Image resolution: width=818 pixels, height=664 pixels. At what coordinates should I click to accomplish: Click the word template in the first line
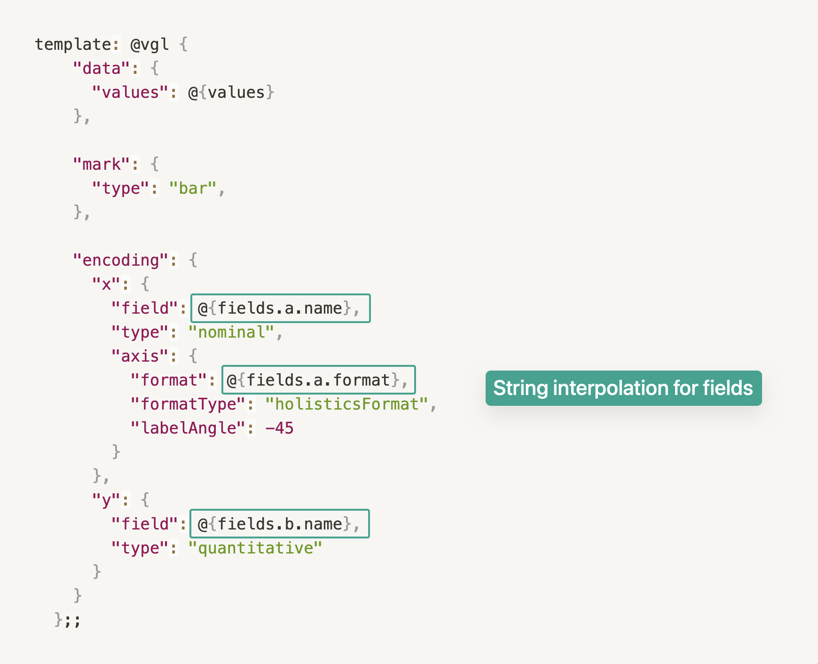click(x=73, y=45)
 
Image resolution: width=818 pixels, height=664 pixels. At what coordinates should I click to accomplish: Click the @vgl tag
click(x=149, y=45)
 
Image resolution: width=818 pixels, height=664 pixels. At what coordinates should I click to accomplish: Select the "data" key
click(x=101, y=69)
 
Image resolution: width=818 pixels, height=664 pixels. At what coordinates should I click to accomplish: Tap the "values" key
click(x=130, y=93)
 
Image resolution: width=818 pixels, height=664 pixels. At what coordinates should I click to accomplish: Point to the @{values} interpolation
click(x=231, y=93)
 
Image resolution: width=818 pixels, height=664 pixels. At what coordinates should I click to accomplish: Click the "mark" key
click(x=101, y=165)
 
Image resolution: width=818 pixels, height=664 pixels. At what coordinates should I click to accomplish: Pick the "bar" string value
click(x=192, y=189)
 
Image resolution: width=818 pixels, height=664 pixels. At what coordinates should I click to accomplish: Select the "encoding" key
click(x=120, y=261)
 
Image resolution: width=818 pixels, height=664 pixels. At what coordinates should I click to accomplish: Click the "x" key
click(x=106, y=285)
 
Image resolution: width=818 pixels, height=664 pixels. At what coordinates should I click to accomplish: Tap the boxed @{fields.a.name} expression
click(x=280, y=308)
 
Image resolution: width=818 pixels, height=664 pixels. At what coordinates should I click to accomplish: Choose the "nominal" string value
click(x=231, y=332)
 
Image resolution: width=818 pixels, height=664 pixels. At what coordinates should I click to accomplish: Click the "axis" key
click(x=140, y=356)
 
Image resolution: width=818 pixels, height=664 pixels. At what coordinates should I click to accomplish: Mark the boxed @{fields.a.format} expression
click(x=318, y=380)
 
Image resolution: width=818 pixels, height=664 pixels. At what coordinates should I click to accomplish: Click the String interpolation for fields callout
click(x=623, y=388)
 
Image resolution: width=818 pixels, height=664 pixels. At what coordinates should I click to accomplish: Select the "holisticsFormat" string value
click(x=346, y=404)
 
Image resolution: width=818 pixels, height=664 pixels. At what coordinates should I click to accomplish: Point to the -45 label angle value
click(x=279, y=428)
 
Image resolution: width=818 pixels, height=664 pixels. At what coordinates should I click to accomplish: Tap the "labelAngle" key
click(x=188, y=428)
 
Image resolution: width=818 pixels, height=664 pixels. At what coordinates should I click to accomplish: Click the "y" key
click(x=106, y=500)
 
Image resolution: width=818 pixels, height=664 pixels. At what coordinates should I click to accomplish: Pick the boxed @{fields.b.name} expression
click(x=280, y=524)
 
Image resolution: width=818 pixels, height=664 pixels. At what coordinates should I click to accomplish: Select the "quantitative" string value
click(x=255, y=548)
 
